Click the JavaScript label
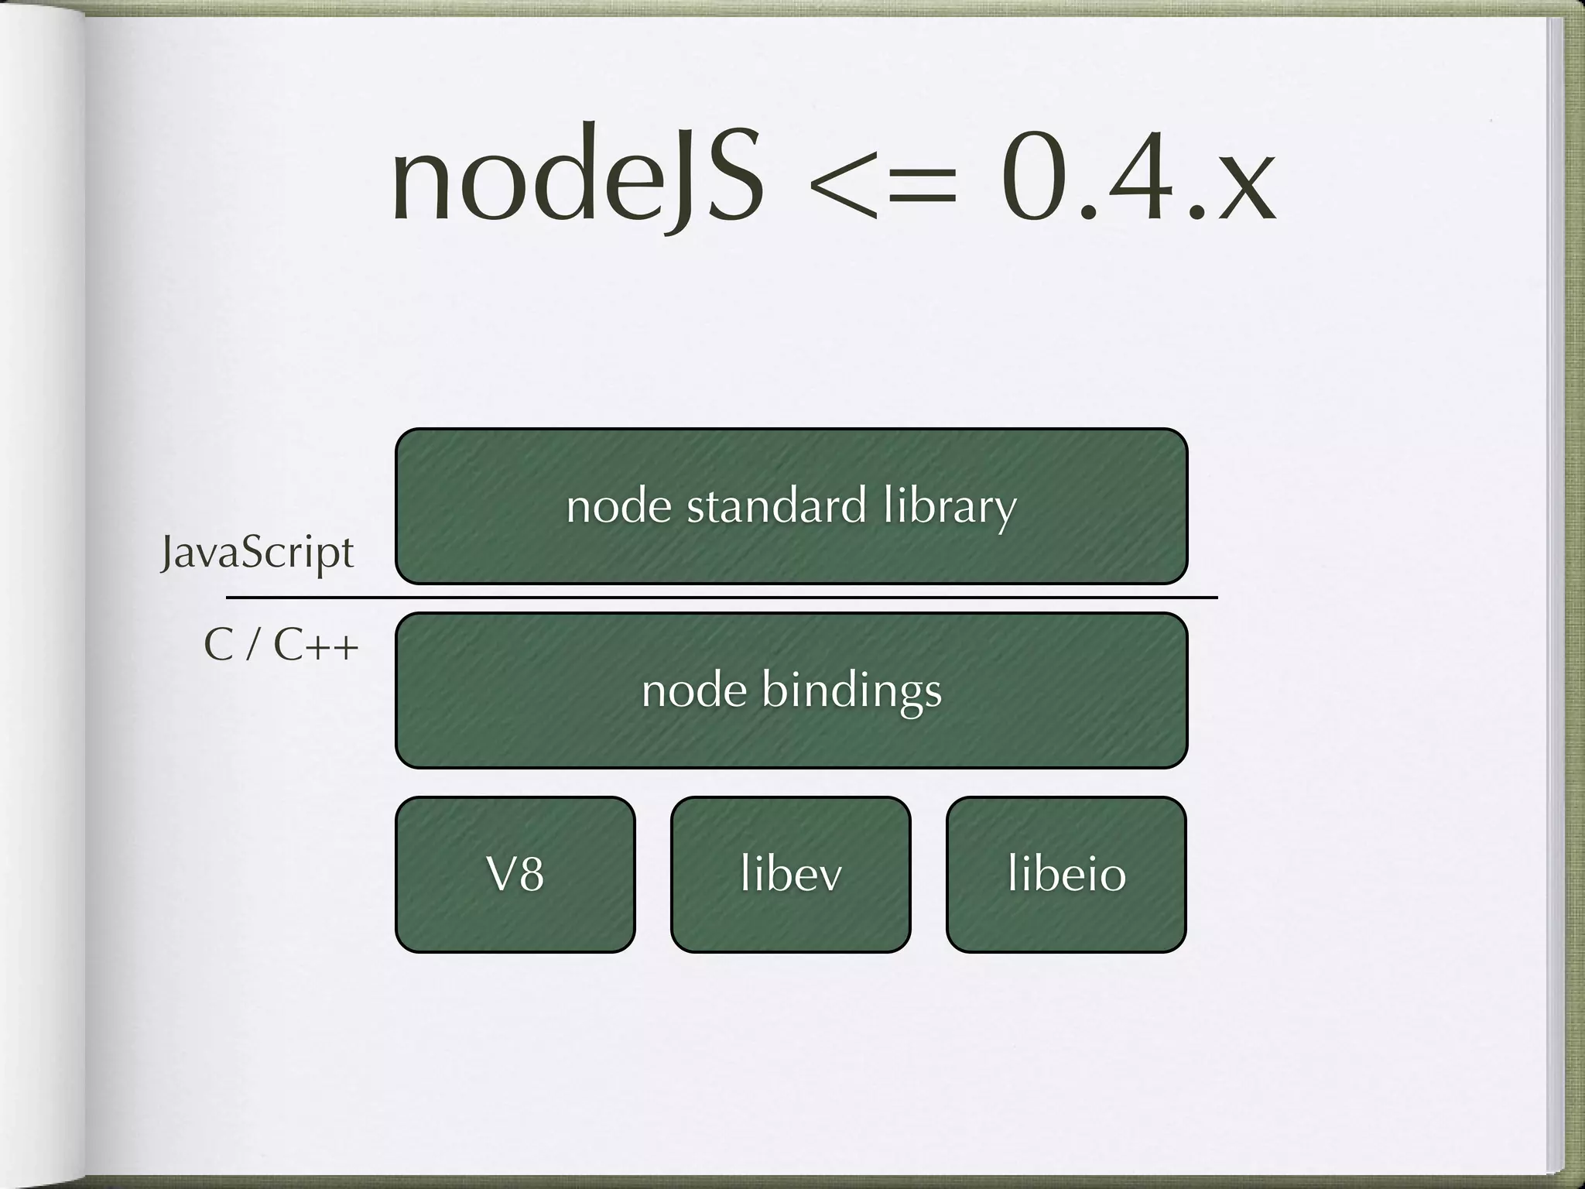point(257,553)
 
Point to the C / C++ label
point(281,646)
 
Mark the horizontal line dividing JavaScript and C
point(721,598)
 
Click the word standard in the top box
point(776,506)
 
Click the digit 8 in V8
point(530,875)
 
